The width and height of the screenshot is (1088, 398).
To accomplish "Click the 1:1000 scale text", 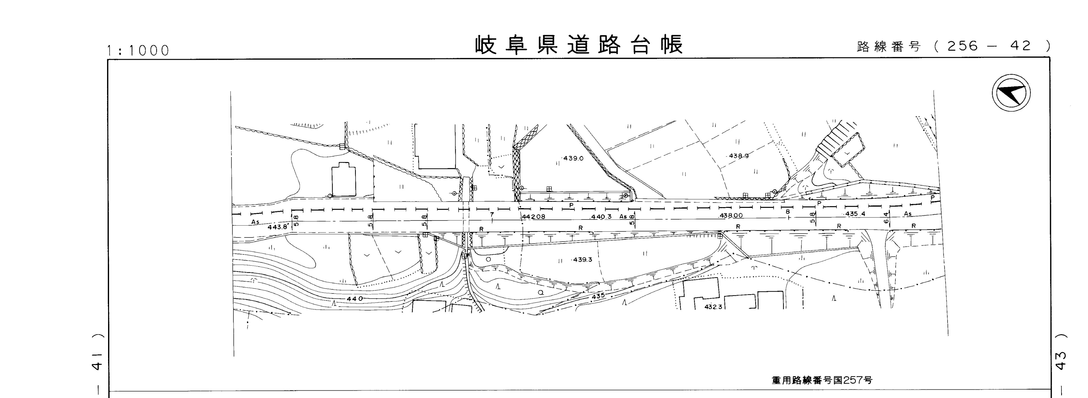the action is (x=138, y=51).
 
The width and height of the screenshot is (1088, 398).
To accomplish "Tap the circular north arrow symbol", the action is (x=1011, y=92).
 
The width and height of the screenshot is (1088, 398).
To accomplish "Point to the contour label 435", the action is (x=598, y=296).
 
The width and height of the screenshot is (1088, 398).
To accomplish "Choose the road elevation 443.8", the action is (x=277, y=227).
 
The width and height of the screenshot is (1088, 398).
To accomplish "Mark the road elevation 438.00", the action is (x=731, y=215).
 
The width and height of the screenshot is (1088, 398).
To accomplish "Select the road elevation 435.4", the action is (x=855, y=214).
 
